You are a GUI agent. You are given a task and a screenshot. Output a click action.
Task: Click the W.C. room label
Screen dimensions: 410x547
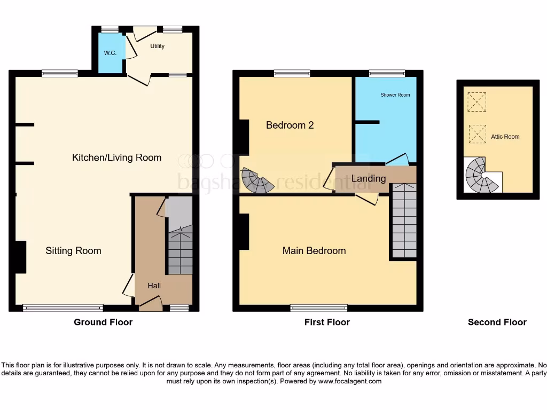click(x=110, y=53)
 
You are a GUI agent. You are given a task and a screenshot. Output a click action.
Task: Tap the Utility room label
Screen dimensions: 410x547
click(x=157, y=46)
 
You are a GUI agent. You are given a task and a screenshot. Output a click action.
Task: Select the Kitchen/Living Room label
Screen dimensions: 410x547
click(x=116, y=157)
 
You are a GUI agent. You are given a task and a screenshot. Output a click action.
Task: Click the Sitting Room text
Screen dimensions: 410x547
click(x=73, y=251)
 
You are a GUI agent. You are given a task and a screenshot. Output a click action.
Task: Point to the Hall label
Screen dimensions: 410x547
click(x=154, y=286)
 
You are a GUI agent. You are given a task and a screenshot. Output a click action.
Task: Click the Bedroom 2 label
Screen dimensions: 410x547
click(x=290, y=125)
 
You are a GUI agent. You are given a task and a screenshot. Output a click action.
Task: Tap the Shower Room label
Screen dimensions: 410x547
click(x=395, y=95)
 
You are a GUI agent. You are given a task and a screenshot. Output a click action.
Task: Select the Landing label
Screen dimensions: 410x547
click(x=369, y=178)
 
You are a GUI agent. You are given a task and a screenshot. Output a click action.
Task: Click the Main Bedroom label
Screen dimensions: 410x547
click(x=314, y=251)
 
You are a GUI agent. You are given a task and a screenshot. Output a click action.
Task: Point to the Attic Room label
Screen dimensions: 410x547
click(x=505, y=137)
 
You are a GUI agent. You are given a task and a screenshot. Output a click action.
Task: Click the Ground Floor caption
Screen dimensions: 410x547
click(x=103, y=322)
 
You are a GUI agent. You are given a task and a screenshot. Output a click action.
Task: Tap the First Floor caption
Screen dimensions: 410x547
click(x=327, y=322)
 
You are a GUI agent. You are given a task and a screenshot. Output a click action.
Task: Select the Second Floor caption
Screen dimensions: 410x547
click(x=497, y=322)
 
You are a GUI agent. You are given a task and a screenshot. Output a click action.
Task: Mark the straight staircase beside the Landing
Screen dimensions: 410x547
click(x=404, y=220)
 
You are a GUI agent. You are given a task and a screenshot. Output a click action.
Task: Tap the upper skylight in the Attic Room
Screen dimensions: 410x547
click(x=476, y=102)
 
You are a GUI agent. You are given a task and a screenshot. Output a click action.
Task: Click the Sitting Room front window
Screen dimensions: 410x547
click(x=62, y=307)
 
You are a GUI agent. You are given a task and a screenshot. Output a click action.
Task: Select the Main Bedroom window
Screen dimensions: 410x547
click(x=319, y=307)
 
